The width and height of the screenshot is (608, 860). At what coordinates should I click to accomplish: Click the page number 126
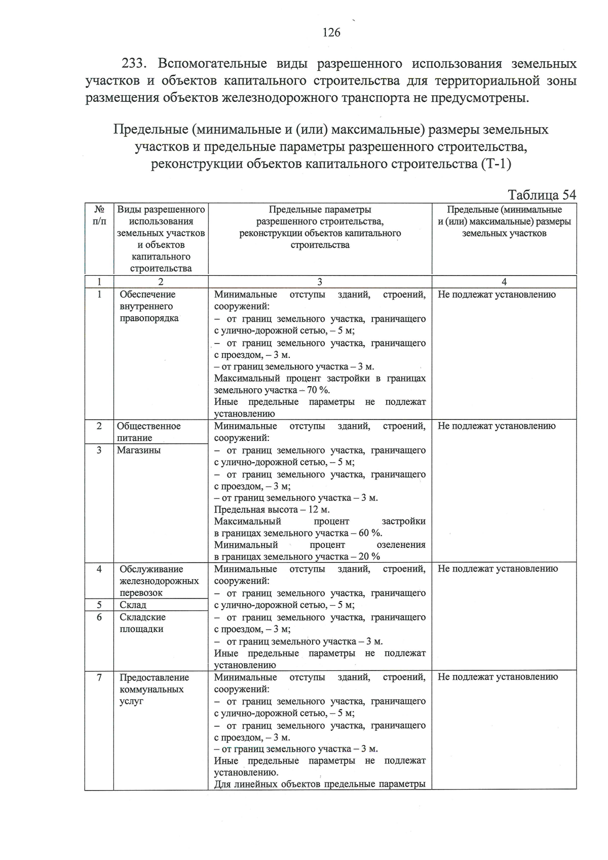click(331, 33)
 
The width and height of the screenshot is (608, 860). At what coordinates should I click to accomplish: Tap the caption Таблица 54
click(542, 195)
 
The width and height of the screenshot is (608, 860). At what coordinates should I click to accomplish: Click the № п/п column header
click(99, 215)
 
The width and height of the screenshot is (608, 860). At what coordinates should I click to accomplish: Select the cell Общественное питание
click(148, 432)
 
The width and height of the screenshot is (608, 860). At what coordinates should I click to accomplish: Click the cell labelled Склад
click(133, 605)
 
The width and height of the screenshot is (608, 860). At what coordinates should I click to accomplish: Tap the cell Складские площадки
click(142, 623)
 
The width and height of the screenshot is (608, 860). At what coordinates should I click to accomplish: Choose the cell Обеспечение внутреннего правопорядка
click(149, 306)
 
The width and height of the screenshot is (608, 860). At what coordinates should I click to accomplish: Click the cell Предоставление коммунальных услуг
click(154, 689)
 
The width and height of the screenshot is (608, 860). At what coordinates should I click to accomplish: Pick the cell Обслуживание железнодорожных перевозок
click(159, 581)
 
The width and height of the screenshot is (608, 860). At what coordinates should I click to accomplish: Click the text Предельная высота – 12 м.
click(272, 509)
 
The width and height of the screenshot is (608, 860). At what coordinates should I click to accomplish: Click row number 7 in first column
click(99, 677)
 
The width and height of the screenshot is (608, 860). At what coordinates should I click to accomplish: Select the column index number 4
click(504, 282)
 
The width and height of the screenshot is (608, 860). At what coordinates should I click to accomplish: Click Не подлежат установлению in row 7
click(498, 677)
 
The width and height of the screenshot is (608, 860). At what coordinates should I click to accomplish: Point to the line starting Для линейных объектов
click(319, 784)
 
